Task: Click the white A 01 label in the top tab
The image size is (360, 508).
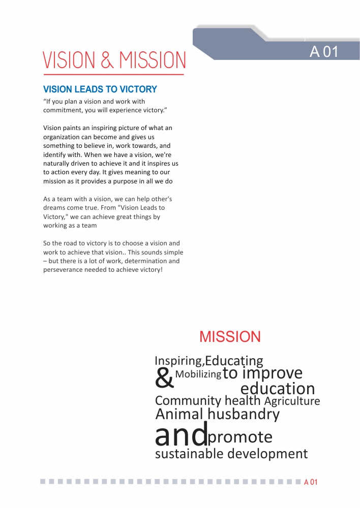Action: coord(324,52)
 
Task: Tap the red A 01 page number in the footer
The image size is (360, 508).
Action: coord(311,482)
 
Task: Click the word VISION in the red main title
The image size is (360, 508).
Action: coord(68,60)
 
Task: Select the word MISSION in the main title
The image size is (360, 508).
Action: coord(153,60)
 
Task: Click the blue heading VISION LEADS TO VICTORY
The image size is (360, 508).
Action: coord(100,89)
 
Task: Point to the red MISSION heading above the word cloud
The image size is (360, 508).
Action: coord(230,336)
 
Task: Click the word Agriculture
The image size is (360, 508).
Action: coord(292,401)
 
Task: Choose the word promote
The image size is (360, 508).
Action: coord(241,437)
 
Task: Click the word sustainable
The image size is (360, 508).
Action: coord(189,454)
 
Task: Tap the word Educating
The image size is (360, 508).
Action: coord(234,361)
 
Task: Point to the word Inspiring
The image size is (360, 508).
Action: coord(178,361)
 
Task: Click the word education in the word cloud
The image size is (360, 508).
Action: coord(278,389)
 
